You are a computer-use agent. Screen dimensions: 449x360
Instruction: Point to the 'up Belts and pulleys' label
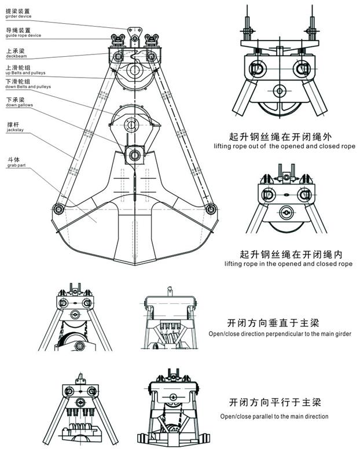[x=26, y=73]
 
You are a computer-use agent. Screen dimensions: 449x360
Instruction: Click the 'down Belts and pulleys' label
[x=28, y=86]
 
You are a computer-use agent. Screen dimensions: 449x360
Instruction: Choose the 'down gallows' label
[x=19, y=105]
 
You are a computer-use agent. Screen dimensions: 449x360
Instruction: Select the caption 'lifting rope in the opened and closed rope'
[x=288, y=264]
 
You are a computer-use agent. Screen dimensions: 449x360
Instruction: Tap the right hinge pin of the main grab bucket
[x=211, y=208]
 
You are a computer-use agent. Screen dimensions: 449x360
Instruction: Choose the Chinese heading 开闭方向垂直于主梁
[x=275, y=322]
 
